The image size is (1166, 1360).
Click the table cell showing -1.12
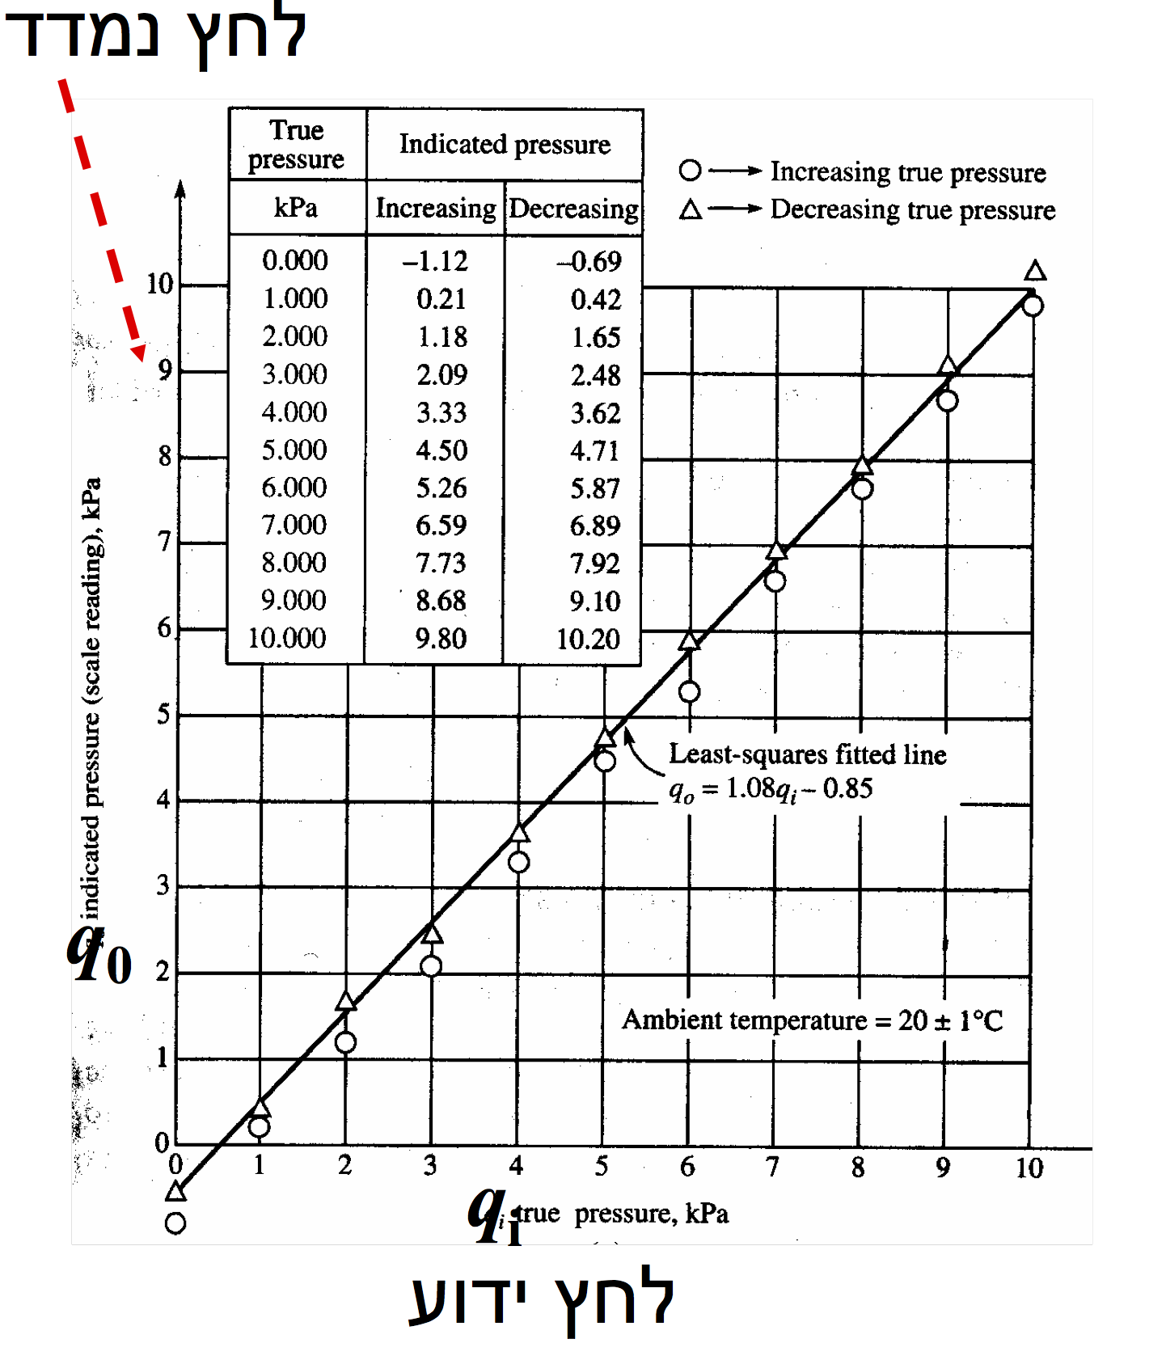(435, 261)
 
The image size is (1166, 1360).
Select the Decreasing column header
(573, 209)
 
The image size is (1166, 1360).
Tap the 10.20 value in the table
(588, 639)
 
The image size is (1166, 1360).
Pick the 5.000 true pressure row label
(294, 450)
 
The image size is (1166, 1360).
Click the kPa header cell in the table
(296, 208)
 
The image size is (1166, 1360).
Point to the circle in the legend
(690, 171)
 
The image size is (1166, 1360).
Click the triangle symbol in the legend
(691, 210)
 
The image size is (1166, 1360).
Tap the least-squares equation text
(771, 789)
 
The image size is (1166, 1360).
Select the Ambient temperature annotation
(812, 1020)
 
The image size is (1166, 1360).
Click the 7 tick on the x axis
(773, 1166)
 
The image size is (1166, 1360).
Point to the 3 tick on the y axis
(163, 885)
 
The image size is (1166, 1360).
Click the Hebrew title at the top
(156, 36)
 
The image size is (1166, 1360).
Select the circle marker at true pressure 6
(689, 692)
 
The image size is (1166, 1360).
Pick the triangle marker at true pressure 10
(1035, 271)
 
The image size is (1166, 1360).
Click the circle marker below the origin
(175, 1223)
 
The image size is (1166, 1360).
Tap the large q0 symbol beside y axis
(98, 955)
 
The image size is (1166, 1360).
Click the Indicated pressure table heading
(505, 144)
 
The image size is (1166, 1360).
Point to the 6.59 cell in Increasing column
(441, 526)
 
